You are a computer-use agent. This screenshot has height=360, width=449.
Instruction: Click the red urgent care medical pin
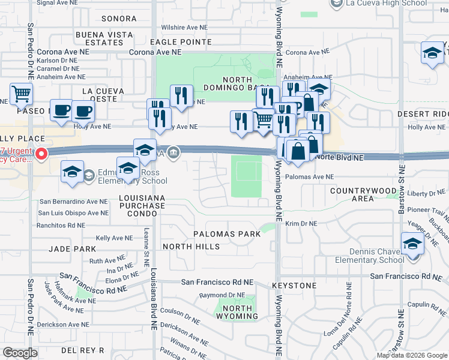(x=41, y=154)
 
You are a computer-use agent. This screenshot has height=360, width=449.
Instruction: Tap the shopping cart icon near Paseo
(x=21, y=94)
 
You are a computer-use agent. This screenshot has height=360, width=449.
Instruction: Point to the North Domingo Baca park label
(x=248, y=85)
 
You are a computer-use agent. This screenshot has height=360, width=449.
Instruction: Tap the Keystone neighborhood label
(x=294, y=286)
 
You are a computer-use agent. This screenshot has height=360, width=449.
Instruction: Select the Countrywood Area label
(x=363, y=194)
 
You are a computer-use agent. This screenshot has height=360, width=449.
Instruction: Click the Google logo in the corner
(x=20, y=353)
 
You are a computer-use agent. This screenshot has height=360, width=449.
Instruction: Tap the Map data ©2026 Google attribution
(x=411, y=355)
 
